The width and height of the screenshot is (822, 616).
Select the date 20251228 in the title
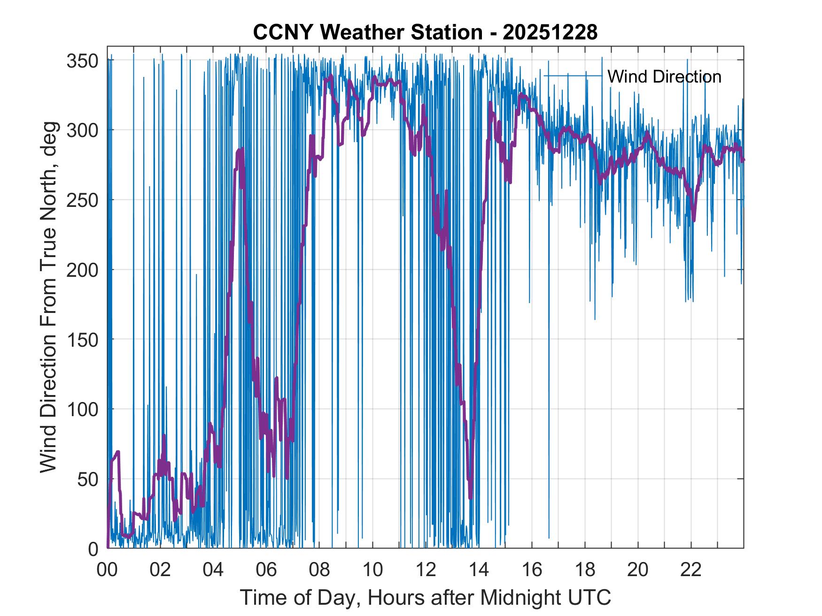(x=550, y=32)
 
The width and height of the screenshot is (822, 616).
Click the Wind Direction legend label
(x=664, y=76)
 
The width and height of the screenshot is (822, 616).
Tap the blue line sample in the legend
(x=573, y=76)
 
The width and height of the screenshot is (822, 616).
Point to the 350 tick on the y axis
(x=82, y=61)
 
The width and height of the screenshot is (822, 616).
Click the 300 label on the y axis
(x=82, y=130)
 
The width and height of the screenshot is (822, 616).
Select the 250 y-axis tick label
(x=82, y=200)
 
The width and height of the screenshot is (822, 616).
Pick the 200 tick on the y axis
(x=82, y=270)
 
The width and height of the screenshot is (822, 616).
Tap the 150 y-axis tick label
(x=82, y=339)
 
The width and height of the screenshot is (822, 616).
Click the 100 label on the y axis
(x=82, y=409)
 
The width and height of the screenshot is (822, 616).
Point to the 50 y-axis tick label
(x=88, y=479)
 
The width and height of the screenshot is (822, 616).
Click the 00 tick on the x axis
(x=107, y=570)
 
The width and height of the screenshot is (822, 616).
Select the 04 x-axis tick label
(x=213, y=570)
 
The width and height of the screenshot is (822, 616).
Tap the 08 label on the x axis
(x=319, y=570)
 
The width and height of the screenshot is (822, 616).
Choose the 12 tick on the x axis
(x=426, y=570)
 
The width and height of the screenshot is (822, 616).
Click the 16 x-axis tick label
(x=532, y=570)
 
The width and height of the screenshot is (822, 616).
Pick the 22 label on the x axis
(x=691, y=570)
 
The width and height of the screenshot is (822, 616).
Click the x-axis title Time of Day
(x=426, y=598)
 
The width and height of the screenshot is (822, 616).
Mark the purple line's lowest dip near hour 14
(x=470, y=498)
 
